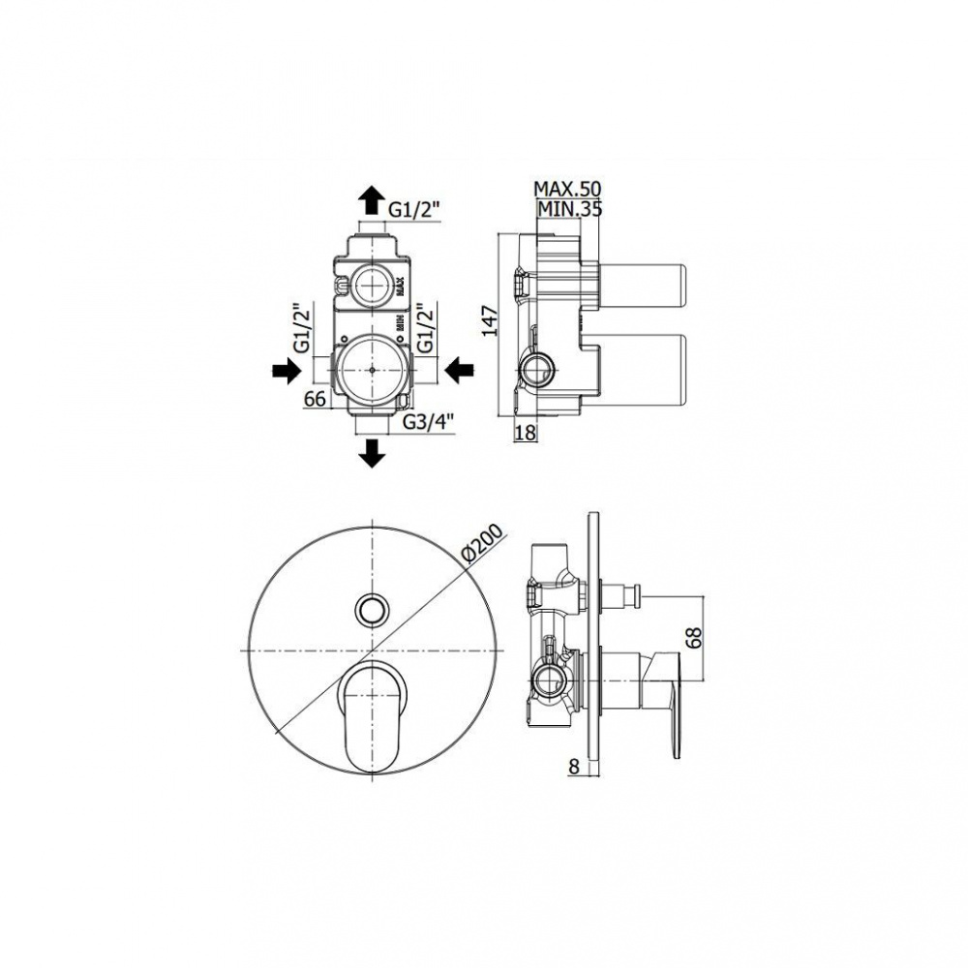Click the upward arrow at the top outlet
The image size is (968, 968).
tap(372, 199)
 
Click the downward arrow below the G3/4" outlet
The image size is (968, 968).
tap(372, 452)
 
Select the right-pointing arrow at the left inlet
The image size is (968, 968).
tap(287, 373)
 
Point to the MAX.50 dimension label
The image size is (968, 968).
tap(567, 189)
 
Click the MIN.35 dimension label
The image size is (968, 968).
tap(570, 209)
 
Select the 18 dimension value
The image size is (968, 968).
tap(525, 433)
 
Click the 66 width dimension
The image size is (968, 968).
tap(315, 399)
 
